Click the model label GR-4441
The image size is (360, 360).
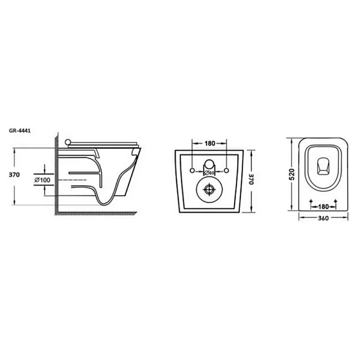[x=20, y=130]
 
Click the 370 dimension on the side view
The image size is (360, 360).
[x=14, y=175]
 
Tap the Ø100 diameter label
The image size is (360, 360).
[x=42, y=180]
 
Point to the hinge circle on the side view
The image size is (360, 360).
[x=68, y=142]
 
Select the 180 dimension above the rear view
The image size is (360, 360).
[x=210, y=143]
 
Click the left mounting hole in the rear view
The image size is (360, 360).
[x=192, y=171]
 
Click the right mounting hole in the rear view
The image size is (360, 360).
[x=226, y=171]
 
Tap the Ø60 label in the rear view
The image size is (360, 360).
[x=209, y=173]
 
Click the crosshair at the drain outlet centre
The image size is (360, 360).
[x=209, y=189]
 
